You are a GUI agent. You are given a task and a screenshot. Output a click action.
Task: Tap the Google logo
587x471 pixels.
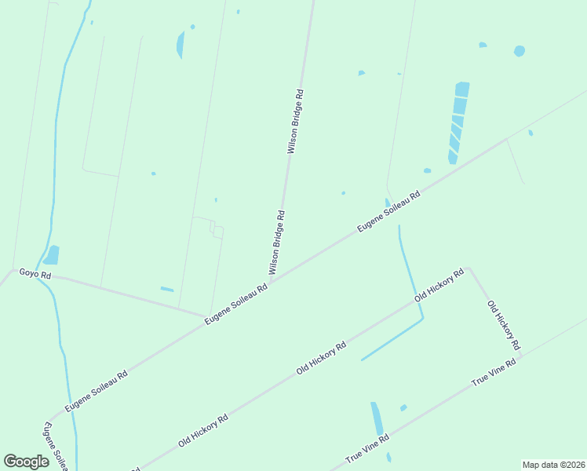(x=27, y=462)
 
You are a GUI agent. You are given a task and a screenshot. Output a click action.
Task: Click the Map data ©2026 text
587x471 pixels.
(x=552, y=465)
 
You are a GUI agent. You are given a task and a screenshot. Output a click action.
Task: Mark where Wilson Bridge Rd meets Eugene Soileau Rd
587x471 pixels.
(x=271, y=280)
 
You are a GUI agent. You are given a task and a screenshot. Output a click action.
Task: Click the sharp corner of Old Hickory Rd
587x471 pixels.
(x=469, y=270)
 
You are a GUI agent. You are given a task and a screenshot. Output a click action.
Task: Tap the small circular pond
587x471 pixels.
(x=519, y=51)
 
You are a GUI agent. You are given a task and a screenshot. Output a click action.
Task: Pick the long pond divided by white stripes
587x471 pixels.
(x=458, y=122)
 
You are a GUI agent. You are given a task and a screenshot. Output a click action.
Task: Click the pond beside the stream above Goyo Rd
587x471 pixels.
(x=52, y=255)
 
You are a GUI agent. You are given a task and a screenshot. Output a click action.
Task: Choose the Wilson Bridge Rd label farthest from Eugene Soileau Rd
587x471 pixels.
(x=294, y=122)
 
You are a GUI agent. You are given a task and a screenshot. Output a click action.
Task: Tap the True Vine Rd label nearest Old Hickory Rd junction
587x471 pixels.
(x=494, y=371)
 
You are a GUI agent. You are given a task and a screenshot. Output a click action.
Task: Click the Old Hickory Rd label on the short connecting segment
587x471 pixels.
(x=503, y=325)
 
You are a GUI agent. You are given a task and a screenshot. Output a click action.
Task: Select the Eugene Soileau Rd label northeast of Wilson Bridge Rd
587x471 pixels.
(x=389, y=211)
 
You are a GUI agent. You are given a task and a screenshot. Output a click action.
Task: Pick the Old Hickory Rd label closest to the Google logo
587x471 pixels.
(x=202, y=430)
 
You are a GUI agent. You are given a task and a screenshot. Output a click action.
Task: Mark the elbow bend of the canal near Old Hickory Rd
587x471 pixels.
(x=423, y=319)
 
